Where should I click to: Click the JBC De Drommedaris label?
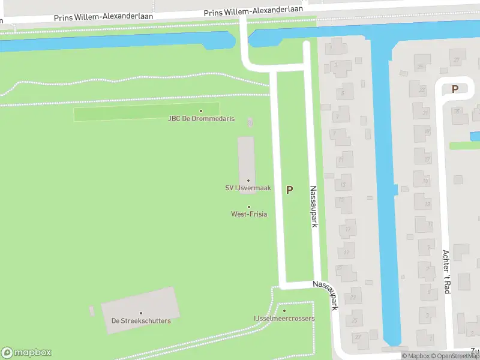tap(200, 119)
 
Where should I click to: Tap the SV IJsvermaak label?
tap(248, 188)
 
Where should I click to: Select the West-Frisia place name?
tap(249, 214)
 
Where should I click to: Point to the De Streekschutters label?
tap(141, 321)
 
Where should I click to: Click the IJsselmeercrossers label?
tap(284, 319)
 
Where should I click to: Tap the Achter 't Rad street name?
tap(446, 271)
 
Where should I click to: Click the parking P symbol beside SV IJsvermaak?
tap(290, 190)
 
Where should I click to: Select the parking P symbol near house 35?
tap(455, 89)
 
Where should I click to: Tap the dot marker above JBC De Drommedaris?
tap(200, 110)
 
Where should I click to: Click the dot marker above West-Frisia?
tap(249, 207)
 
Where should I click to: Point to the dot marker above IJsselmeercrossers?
tap(284, 310)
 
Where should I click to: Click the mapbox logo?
tap(26, 353)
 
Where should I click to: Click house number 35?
tap(457, 111)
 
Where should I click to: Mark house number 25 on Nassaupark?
tap(355, 320)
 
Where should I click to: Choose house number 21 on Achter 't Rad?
tap(425, 113)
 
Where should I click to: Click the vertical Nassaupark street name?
tap(313, 205)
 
